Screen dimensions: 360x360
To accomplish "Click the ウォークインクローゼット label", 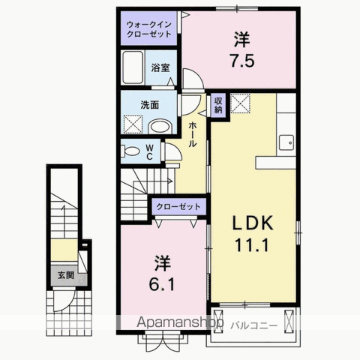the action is pos(149,29).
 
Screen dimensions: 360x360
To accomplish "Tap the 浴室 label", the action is pos(160,67).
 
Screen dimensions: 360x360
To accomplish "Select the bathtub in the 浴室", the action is pos(133,67).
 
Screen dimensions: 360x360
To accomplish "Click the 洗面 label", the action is pos(149,105).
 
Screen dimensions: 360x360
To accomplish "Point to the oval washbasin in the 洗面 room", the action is pos(160,127).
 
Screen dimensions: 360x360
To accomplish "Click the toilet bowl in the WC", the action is pos(130,151).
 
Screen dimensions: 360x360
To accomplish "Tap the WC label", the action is pos(149,152).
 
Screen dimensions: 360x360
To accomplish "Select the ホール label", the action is pos(192,134).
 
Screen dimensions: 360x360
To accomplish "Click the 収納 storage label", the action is pos(218,105).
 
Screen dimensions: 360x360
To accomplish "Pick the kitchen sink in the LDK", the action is pos(286,142).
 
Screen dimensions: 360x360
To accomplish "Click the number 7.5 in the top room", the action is pos(242,61).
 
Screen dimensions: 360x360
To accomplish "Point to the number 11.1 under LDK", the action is pos(251,245).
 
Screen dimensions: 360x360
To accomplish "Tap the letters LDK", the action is pos(253,223).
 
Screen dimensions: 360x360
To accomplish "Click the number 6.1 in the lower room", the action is pos(162,284).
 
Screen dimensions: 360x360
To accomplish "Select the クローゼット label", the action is pos(178,206).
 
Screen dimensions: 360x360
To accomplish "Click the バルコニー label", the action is pos(254,325).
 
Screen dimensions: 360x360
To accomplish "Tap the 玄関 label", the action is pos(66,275).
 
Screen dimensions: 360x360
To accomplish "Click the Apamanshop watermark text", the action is pos(180,322).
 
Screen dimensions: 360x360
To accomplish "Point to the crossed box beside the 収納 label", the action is pos(240,103).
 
